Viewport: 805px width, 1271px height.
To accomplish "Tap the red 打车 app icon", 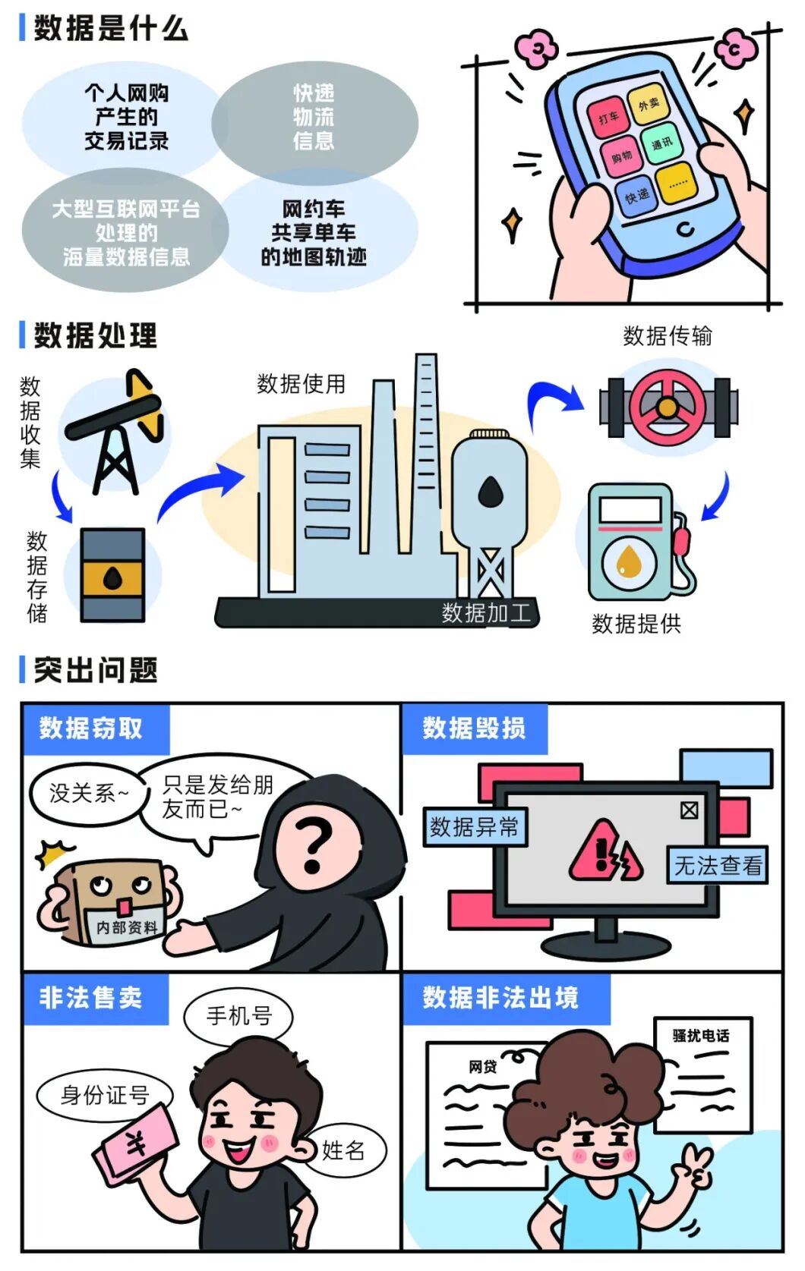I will [x=608, y=118].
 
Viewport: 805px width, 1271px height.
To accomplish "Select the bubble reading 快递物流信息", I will [x=314, y=118].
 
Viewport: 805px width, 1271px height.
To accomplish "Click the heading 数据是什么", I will [x=111, y=29].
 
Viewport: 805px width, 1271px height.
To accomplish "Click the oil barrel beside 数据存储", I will [x=112, y=575].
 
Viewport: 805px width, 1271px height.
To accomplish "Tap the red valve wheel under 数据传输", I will [x=668, y=407].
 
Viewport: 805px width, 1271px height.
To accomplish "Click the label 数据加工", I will [x=486, y=612].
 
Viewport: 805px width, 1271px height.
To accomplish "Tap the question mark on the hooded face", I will [x=314, y=845].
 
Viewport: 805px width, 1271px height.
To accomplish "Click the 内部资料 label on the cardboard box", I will [x=127, y=927].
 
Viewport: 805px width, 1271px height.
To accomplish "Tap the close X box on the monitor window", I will [x=690, y=810].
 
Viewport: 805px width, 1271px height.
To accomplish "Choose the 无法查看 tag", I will [x=718, y=865].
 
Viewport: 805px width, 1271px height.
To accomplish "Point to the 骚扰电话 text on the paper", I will [x=701, y=1035].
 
